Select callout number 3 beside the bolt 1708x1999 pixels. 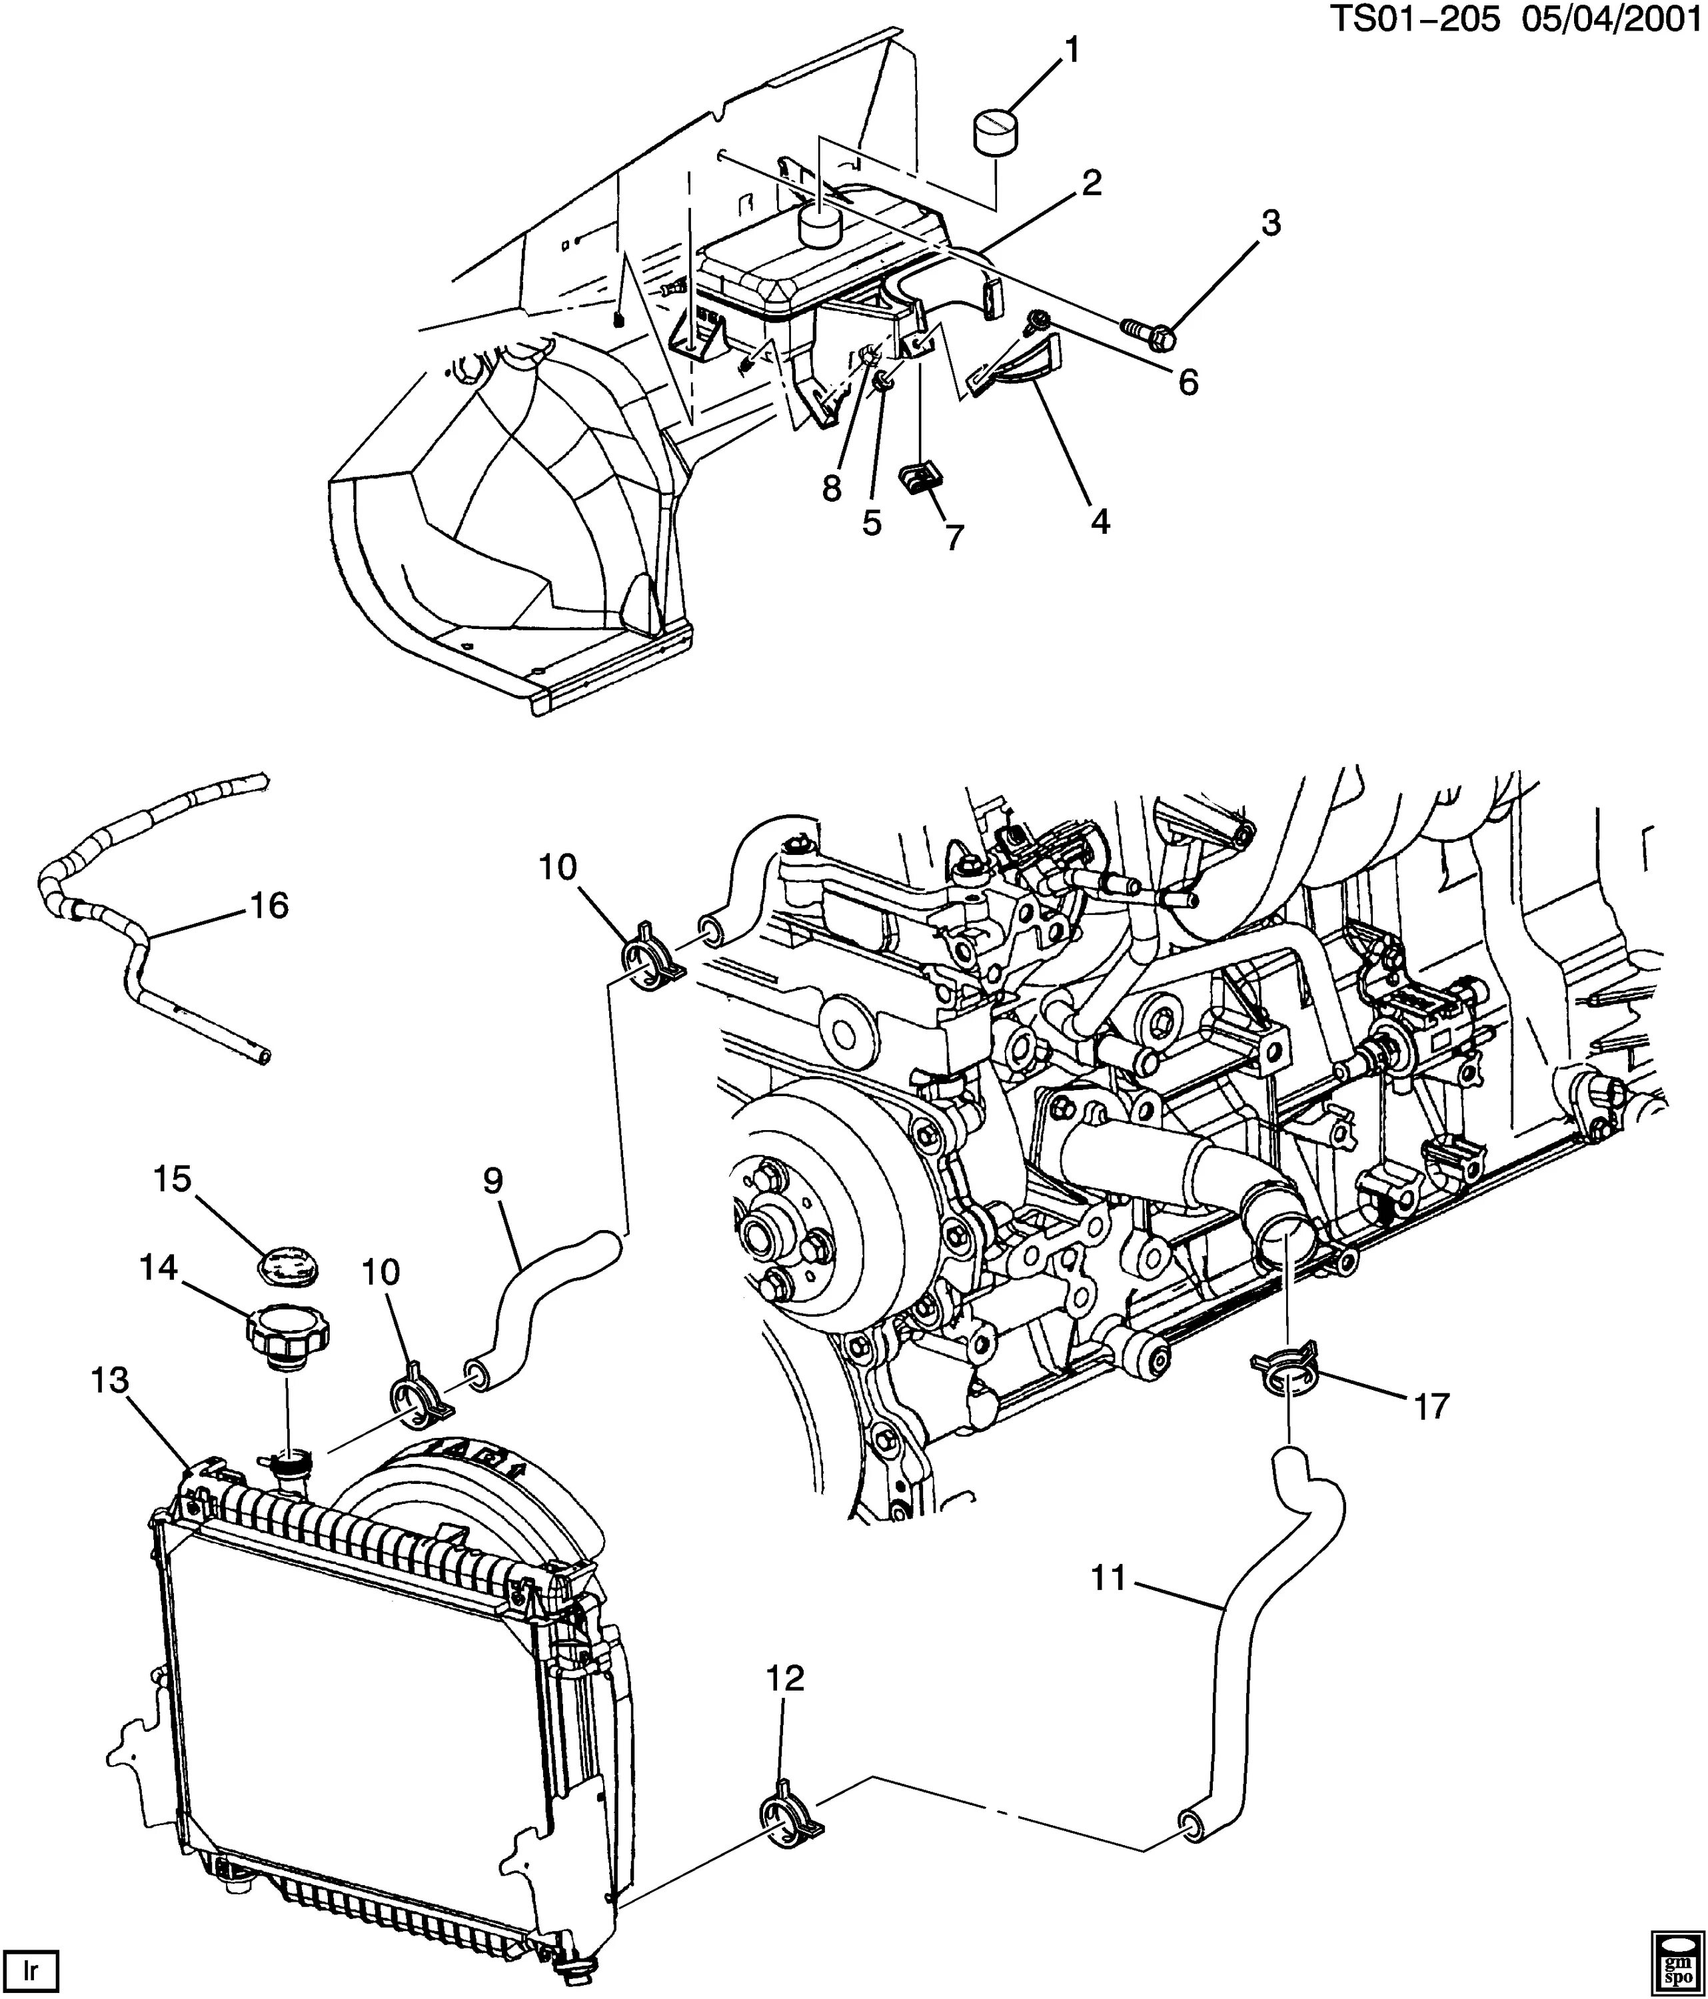point(1271,224)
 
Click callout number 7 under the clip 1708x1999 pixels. point(954,536)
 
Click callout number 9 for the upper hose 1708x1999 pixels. point(493,1181)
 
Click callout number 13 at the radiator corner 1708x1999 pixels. point(110,1381)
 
